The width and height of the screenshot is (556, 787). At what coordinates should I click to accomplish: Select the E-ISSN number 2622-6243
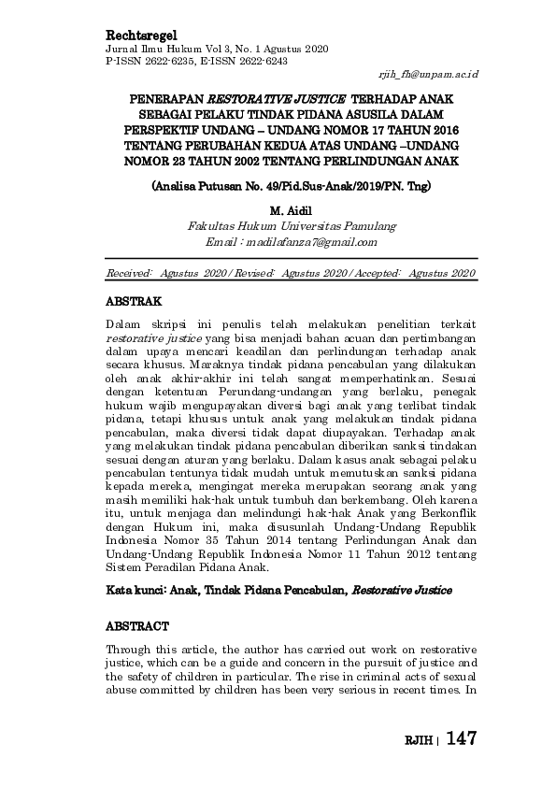259,60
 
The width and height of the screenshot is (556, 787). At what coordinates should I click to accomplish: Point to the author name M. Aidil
291,211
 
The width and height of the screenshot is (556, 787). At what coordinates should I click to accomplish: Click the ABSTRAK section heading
135,302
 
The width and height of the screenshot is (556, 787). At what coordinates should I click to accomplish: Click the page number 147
462,738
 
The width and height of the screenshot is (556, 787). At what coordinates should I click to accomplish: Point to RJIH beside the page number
419,740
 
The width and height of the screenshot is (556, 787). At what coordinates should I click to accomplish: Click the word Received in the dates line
130,272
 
